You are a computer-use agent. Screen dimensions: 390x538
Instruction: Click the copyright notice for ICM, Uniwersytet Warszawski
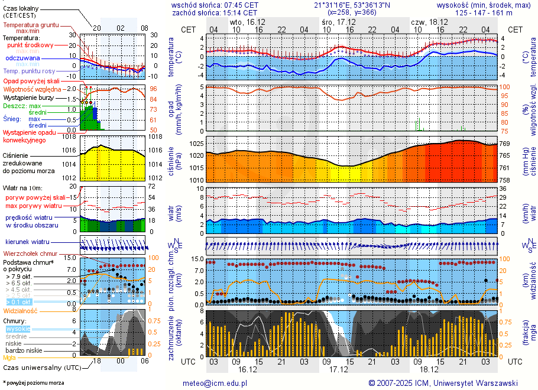pos(443,383)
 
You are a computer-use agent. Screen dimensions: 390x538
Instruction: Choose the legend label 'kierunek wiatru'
pos(27,242)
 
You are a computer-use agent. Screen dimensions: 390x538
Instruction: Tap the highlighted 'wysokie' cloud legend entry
pos(17,329)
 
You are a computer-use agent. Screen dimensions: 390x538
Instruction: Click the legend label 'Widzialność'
pos(21,310)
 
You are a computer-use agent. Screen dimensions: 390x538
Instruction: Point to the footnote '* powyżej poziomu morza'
pos(33,383)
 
